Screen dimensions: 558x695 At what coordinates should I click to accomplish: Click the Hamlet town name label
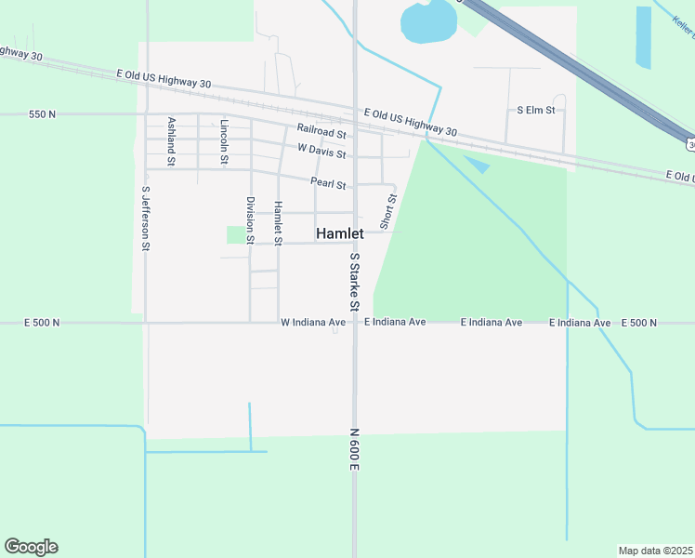tap(339, 233)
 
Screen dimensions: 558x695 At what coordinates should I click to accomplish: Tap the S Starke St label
tap(354, 281)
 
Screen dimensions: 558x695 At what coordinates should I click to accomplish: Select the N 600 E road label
tap(354, 449)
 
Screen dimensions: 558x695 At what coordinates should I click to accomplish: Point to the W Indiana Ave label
tap(313, 323)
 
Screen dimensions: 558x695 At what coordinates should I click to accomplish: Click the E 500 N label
tap(638, 323)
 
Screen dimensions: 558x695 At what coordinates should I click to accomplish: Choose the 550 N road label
tap(42, 114)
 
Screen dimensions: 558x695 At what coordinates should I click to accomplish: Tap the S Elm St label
tap(535, 110)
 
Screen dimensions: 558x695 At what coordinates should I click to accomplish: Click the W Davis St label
tap(321, 149)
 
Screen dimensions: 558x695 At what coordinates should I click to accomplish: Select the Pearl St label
tap(328, 184)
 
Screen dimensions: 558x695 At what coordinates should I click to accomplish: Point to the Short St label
tap(387, 212)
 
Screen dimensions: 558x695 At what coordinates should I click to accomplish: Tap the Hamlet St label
tap(277, 223)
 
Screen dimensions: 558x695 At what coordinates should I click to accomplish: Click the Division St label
tap(250, 219)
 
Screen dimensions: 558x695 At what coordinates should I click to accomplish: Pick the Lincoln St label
tap(224, 141)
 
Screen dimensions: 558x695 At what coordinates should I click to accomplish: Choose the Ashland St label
tap(171, 141)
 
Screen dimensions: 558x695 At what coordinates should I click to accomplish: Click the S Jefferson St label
tap(146, 219)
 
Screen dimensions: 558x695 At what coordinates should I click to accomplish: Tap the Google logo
tap(31, 547)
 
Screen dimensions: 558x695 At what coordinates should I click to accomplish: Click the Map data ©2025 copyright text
tap(656, 551)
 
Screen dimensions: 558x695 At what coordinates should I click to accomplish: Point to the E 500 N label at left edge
tap(42, 323)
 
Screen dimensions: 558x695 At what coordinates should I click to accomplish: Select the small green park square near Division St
tap(236, 234)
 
